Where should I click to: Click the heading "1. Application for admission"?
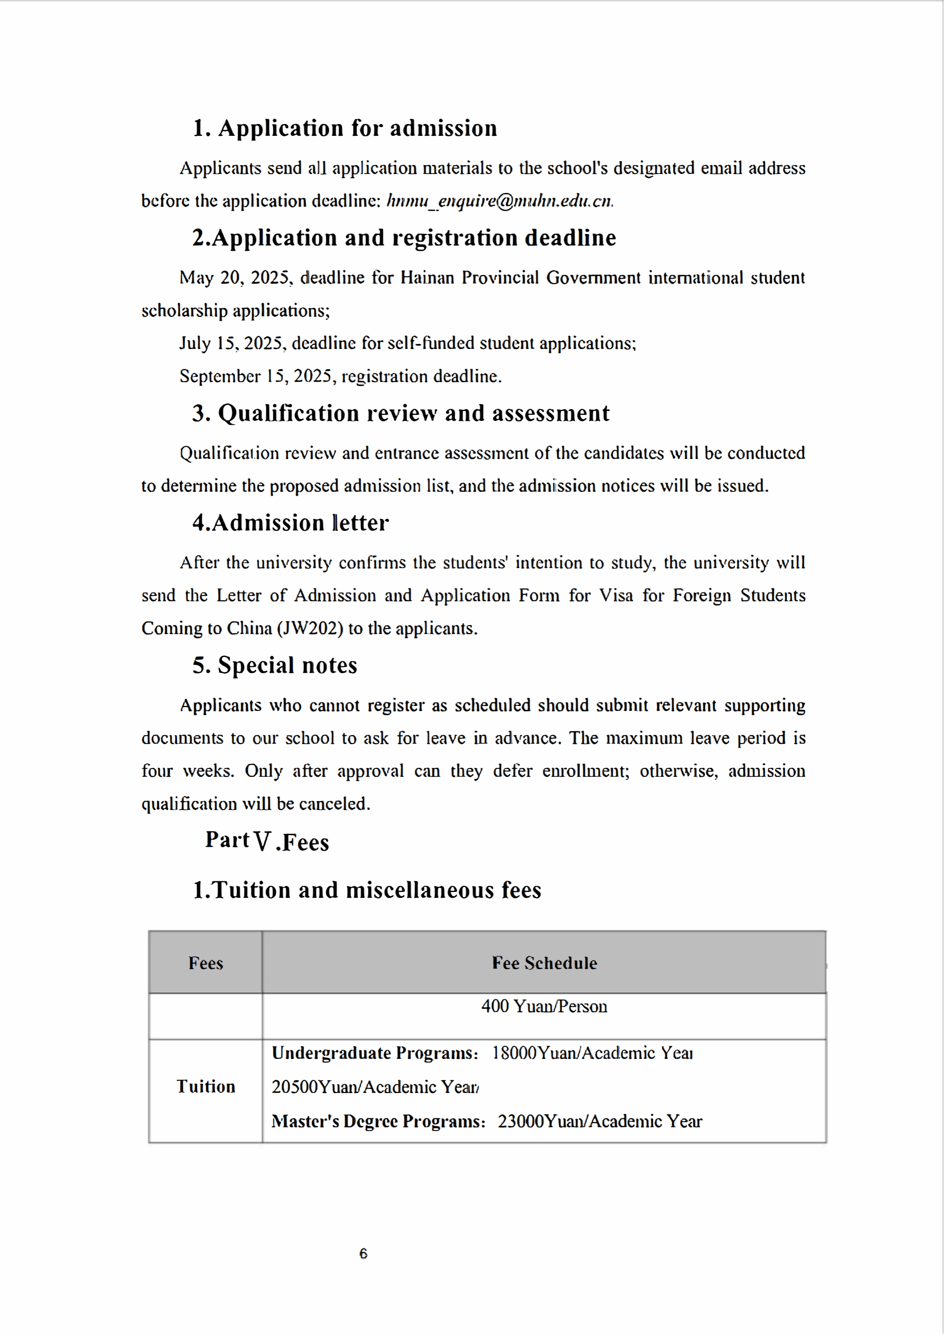pyautogui.click(x=345, y=128)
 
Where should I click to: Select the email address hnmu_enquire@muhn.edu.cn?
pyautogui.click(x=499, y=201)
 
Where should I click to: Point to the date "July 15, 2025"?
pyautogui.click(x=231, y=344)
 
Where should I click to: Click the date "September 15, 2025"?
pyautogui.click(x=255, y=377)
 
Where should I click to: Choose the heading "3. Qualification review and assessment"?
pyautogui.click(x=401, y=413)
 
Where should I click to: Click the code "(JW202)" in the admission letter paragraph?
pyautogui.click(x=310, y=629)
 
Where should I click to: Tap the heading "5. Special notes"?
pyautogui.click(x=275, y=666)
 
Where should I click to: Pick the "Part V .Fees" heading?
pyautogui.click(x=267, y=841)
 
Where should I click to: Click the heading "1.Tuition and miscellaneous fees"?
pyautogui.click(x=367, y=891)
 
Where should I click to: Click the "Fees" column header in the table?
pyautogui.click(x=206, y=964)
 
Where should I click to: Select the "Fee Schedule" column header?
pyautogui.click(x=544, y=964)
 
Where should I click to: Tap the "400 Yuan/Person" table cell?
pyautogui.click(x=544, y=1006)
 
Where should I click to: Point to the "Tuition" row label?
pyautogui.click(x=206, y=1087)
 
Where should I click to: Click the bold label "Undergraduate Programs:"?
pyautogui.click(x=375, y=1053)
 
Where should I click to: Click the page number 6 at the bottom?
pyautogui.click(x=363, y=1254)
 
